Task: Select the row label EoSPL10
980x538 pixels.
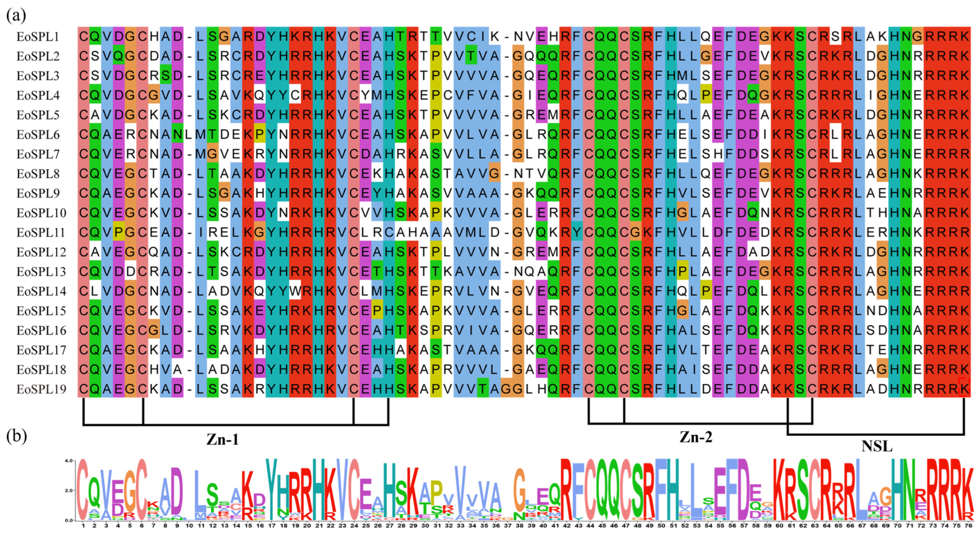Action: click(x=41, y=213)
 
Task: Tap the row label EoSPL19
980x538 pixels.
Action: click(x=41, y=389)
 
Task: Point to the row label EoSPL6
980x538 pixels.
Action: click(x=38, y=134)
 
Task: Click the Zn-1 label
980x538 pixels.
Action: click(x=223, y=439)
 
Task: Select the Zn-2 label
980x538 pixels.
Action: click(x=696, y=437)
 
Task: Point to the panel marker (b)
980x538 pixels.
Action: click(x=16, y=436)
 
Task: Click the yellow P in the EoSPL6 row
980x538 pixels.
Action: click(x=259, y=134)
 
